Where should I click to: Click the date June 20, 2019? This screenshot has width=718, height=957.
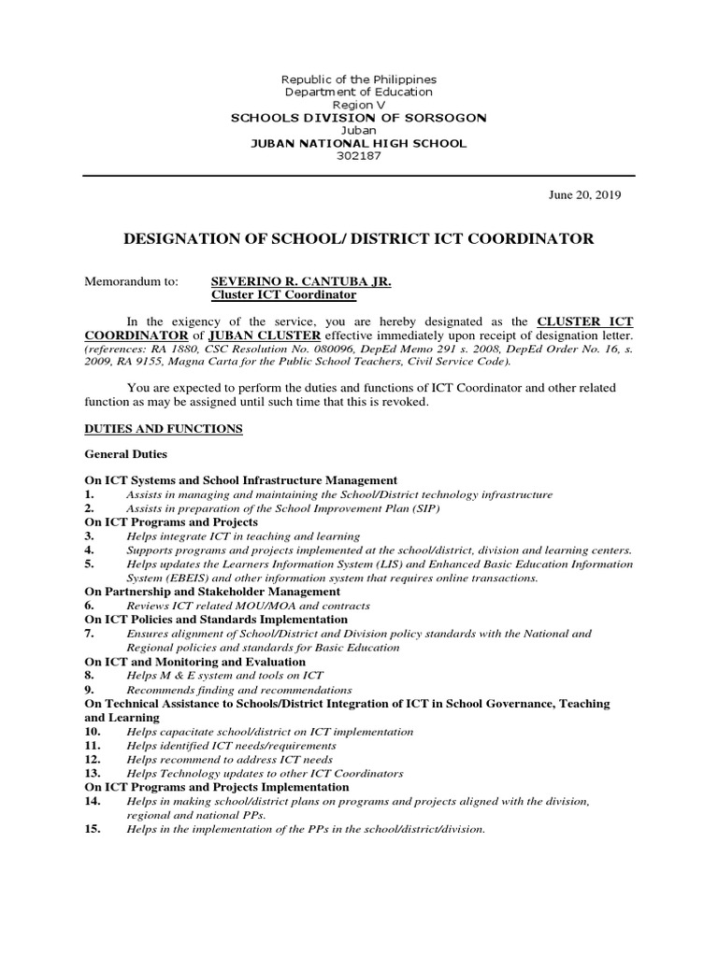click(584, 195)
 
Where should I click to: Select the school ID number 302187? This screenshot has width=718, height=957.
click(359, 156)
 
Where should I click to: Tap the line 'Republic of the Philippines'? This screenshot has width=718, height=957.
click(359, 80)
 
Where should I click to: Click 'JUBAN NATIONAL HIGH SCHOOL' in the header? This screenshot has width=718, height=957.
click(359, 143)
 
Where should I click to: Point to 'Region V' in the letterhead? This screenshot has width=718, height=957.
click(359, 106)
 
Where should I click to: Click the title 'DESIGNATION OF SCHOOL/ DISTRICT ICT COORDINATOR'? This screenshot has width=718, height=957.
click(358, 239)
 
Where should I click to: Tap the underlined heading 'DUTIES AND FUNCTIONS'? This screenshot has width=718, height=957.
click(164, 429)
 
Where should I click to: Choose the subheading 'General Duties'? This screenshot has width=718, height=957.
click(125, 454)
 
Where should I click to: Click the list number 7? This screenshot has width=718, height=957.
click(90, 634)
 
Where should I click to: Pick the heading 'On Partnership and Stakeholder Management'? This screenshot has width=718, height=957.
click(212, 592)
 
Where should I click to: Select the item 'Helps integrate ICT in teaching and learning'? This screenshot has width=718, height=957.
click(243, 536)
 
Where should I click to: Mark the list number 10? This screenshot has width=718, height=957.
click(93, 732)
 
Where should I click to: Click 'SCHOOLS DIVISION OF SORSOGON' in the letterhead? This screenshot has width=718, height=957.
click(359, 118)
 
